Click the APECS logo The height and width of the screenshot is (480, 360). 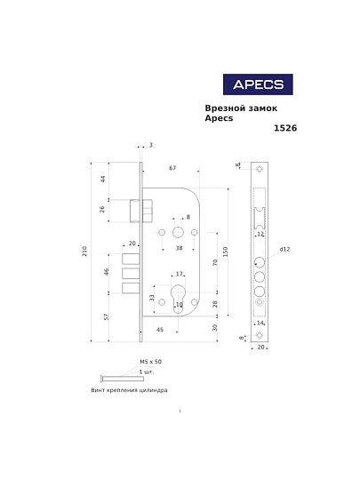[x=257, y=84]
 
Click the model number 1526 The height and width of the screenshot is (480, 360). [x=284, y=128]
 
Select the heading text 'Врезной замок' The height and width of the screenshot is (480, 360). [x=241, y=108]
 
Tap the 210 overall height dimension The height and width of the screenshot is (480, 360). [x=85, y=252]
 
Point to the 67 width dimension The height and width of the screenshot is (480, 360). [x=172, y=168]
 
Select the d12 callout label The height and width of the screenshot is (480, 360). [x=284, y=250]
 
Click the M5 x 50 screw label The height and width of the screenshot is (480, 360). [x=150, y=362]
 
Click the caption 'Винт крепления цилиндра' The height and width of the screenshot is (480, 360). [x=130, y=390]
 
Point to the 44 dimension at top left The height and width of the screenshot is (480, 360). [x=103, y=179]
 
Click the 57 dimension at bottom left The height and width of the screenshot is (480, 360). [x=107, y=316]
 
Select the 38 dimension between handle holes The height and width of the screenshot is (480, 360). [x=179, y=248]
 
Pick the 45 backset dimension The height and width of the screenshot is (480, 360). [x=160, y=330]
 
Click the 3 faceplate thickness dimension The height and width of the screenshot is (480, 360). [x=150, y=145]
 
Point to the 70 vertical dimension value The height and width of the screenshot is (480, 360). [x=214, y=262]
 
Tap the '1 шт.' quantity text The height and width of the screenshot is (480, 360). [x=147, y=371]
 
